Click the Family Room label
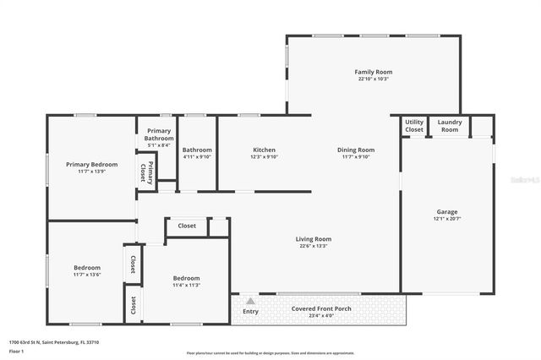[373, 72]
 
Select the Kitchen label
[264, 150]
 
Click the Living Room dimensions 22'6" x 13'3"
[313, 246]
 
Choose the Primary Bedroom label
[91, 164]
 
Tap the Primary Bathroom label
[159, 134]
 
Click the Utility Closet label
[414, 126]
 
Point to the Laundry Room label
[450, 126]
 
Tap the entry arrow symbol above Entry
[250, 300]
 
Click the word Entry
[250, 310]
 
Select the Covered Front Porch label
[321, 308]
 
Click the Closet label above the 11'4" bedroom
[187, 226]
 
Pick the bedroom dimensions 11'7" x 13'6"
[86, 275]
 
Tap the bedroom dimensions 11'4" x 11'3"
[186, 285]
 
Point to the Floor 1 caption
[17, 350]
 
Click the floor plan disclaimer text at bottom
[270, 353]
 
